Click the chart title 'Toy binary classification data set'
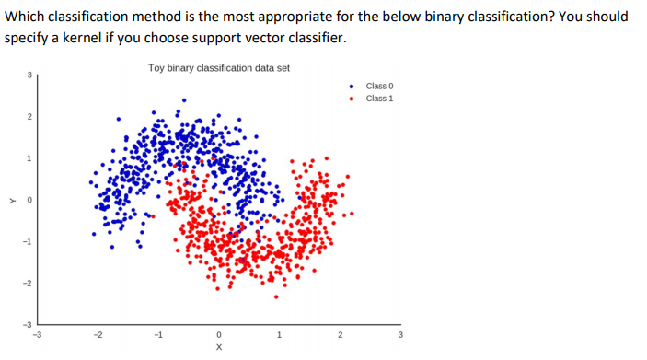[x=218, y=68]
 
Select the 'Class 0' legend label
[x=379, y=86]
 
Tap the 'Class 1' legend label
[x=379, y=98]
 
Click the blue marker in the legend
[x=352, y=86]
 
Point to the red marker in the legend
[x=352, y=98]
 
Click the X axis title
[x=218, y=349]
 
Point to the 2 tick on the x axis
[x=339, y=335]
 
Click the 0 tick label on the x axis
[x=218, y=335]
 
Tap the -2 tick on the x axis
[x=97, y=335]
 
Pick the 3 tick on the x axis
[x=399, y=335]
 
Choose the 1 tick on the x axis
[x=279, y=335]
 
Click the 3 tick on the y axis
[x=29, y=75]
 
